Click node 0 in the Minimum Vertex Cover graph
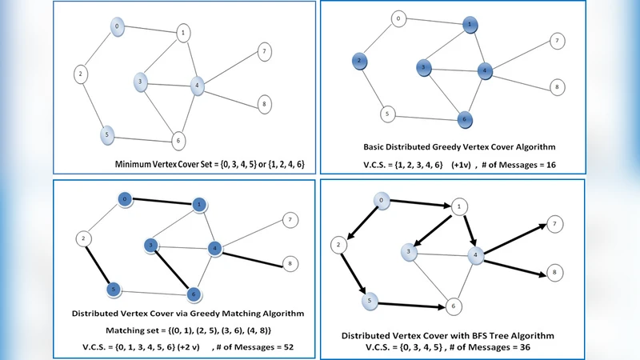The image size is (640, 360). click(118, 26)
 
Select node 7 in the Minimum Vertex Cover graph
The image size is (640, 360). click(263, 52)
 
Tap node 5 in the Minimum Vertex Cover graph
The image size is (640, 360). click(106, 134)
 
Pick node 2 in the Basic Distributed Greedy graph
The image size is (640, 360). click(361, 61)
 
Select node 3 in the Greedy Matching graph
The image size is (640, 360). click(150, 244)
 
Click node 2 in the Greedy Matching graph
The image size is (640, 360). click(82, 238)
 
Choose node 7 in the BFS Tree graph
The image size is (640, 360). click(552, 226)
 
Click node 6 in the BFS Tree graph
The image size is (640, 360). click(453, 306)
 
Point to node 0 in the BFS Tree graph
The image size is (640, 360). click(383, 200)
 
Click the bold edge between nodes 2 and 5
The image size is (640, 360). click(99, 263)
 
